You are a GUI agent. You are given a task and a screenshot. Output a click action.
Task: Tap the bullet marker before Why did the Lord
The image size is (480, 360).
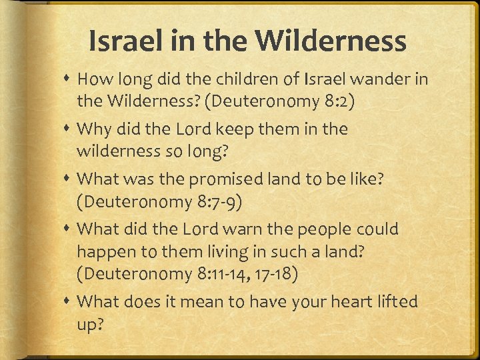click(x=69, y=128)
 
